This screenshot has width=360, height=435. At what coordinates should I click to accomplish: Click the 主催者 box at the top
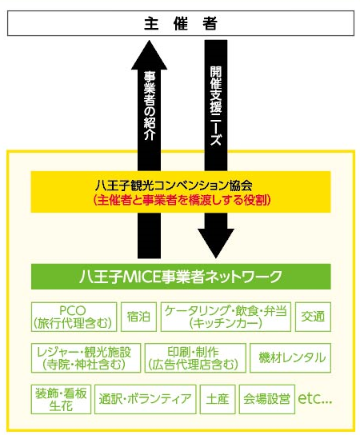click(x=181, y=23)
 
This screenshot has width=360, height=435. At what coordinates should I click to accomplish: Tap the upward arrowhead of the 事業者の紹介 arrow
click(x=150, y=54)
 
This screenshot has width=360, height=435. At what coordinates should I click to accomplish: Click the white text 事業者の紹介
click(x=150, y=106)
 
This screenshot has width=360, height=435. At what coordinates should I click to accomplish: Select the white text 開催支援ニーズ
click(x=216, y=106)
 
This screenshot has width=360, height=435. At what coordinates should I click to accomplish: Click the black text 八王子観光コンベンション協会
click(x=174, y=186)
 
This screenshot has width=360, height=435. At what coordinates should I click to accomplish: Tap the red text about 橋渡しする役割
click(x=182, y=200)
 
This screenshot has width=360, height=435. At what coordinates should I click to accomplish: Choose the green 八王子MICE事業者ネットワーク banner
click(x=181, y=277)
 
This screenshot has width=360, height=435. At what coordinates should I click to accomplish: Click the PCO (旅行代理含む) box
click(x=74, y=317)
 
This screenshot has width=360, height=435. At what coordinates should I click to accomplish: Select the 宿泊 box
click(x=138, y=317)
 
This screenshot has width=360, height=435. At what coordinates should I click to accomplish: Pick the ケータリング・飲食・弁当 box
click(x=226, y=317)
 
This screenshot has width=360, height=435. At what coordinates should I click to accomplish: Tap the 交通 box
click(x=313, y=317)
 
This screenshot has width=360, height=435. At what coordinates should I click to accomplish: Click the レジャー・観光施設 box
click(x=86, y=358)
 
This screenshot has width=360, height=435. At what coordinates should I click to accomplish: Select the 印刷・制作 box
click(x=195, y=358)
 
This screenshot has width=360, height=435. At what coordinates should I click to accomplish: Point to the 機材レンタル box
click(x=290, y=358)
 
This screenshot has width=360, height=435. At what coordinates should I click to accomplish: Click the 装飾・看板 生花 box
click(x=61, y=399)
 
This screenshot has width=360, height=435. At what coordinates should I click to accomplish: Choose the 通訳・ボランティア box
click(x=145, y=399)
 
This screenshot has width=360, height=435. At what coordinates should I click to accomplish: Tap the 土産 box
click(x=218, y=399)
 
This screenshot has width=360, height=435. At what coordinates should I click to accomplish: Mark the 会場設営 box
click(x=267, y=399)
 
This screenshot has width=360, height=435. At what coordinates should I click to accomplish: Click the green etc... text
click(x=314, y=399)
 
